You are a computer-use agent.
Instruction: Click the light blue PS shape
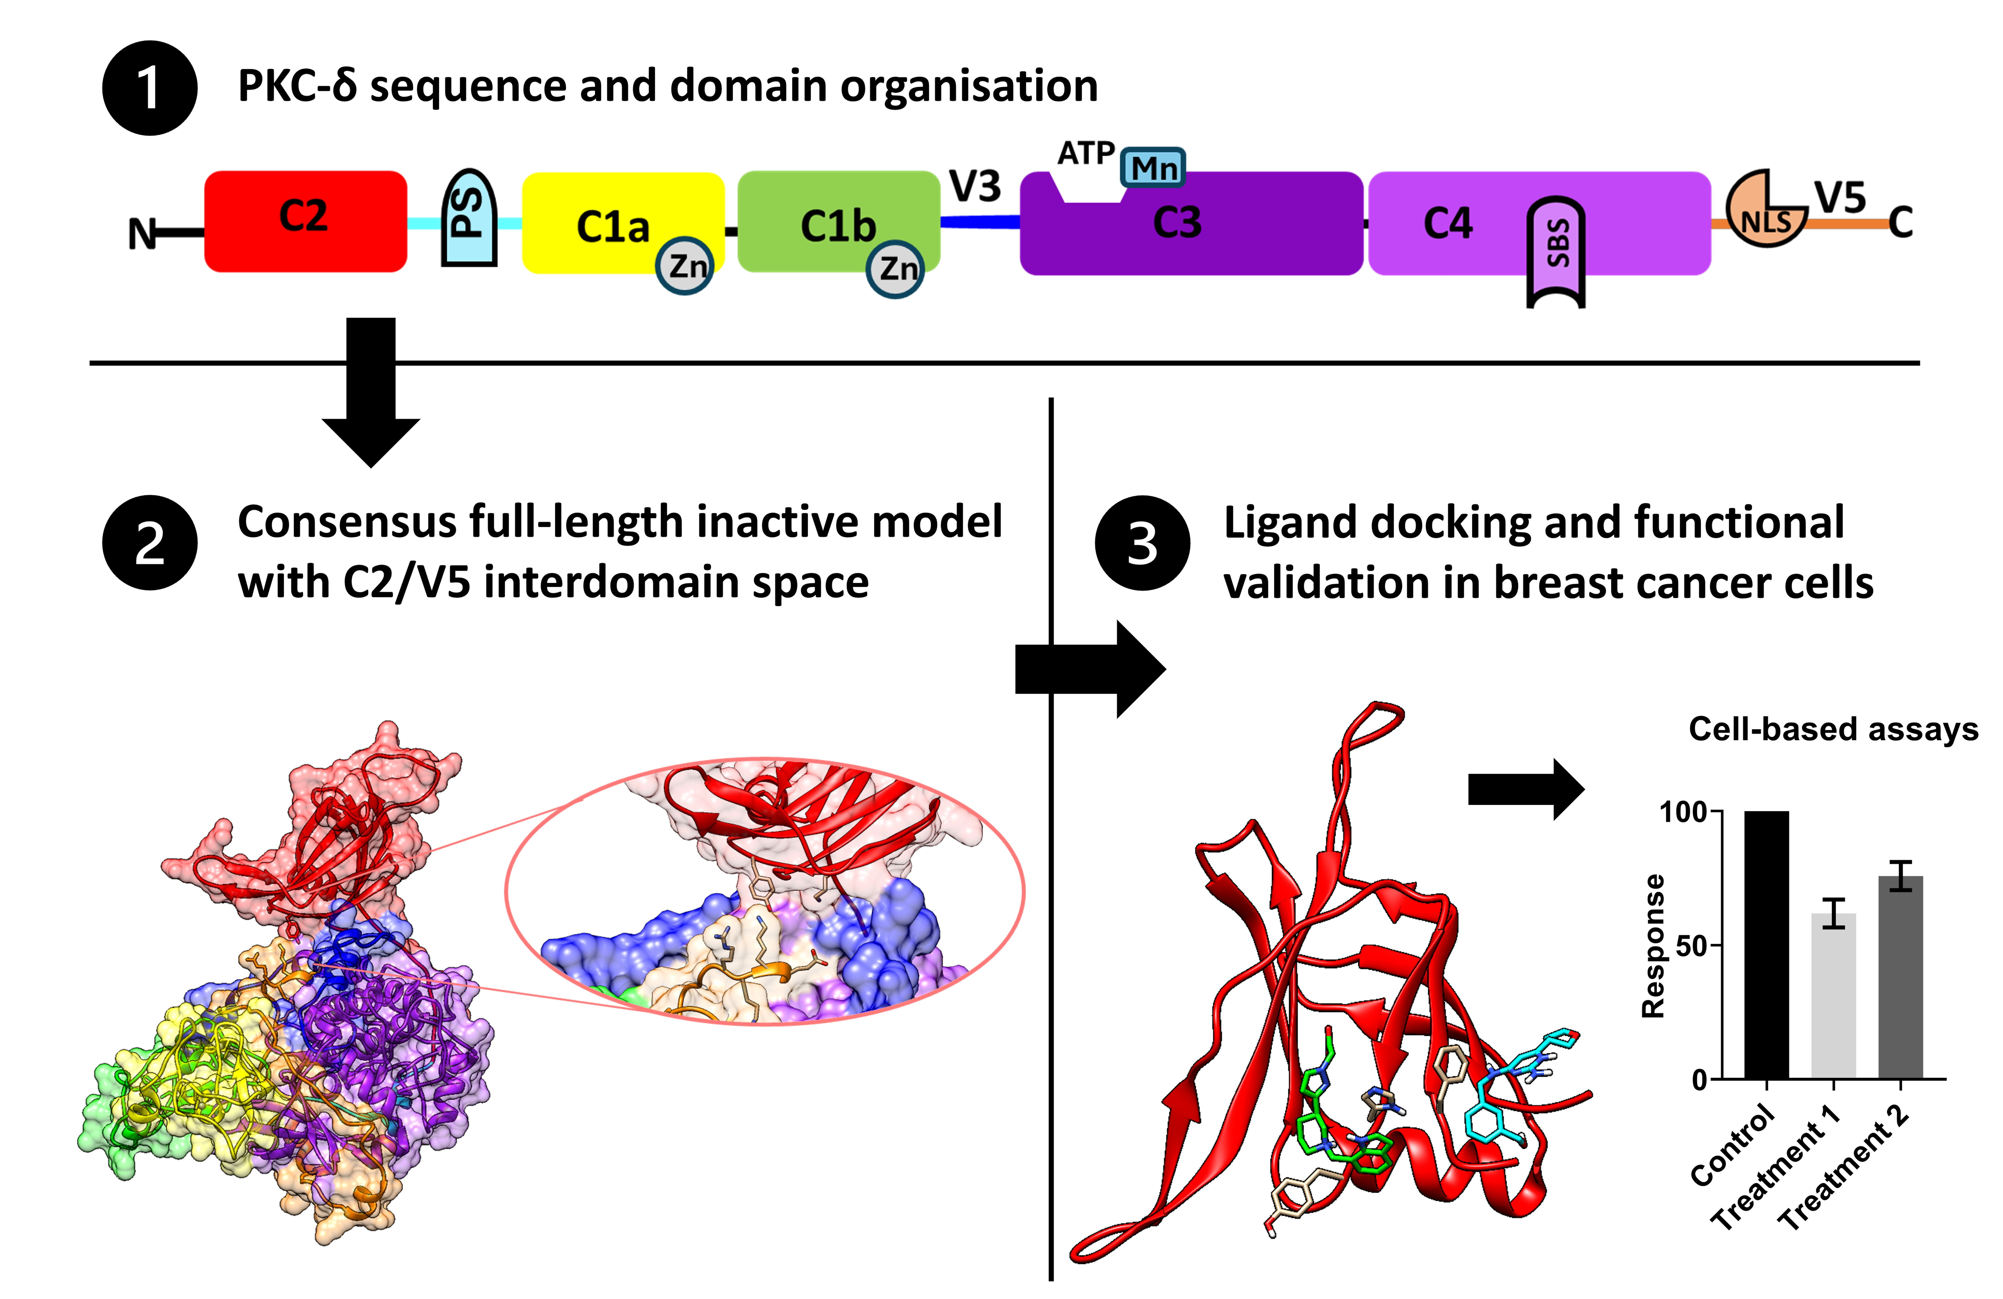[469, 219]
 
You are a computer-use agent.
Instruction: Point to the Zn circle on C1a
[685, 266]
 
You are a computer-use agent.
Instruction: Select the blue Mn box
[1153, 167]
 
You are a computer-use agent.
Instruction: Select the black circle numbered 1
[150, 88]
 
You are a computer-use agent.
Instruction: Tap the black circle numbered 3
[1142, 543]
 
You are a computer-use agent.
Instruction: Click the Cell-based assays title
[1833, 729]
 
